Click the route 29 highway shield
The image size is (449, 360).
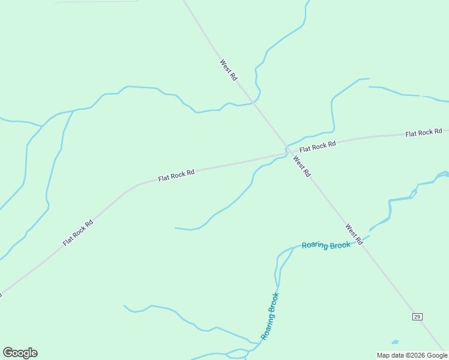(417, 316)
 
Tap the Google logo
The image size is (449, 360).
(20, 353)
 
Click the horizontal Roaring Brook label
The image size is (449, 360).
(325, 245)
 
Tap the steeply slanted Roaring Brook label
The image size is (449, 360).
(270, 316)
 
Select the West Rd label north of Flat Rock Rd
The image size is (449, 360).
(229, 70)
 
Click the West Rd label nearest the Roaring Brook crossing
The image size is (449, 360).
(354, 234)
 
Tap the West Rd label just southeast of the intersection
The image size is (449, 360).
(302, 166)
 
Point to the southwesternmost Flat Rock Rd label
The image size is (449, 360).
(78, 233)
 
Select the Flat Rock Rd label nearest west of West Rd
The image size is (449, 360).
(176, 175)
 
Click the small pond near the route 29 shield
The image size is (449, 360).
(395, 342)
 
